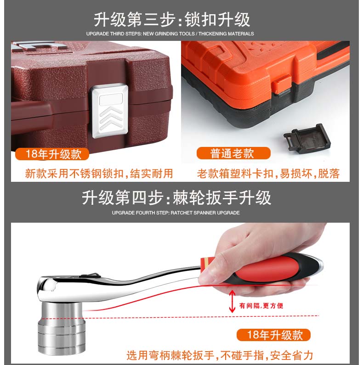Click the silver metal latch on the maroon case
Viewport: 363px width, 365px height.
pos(110,111)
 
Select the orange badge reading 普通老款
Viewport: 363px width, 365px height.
pos(233,153)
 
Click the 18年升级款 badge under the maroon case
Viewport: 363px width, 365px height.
pos(52,154)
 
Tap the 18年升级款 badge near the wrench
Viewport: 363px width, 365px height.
pos(273,335)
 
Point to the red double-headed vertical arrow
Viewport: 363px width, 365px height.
pos(232,301)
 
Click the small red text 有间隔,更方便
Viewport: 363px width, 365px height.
pos(261,305)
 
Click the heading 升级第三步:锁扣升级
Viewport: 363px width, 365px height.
pos(172,20)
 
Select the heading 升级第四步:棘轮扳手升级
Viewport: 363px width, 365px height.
pos(176,198)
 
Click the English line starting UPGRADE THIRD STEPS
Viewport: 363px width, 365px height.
pos(170,34)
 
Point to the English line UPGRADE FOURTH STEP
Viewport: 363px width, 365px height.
pos(176,213)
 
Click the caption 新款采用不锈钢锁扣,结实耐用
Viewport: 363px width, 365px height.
pos(99,174)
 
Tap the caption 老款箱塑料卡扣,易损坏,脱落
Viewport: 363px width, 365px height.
pos(268,174)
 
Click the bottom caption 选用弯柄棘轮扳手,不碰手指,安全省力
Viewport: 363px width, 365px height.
pos(220,355)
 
